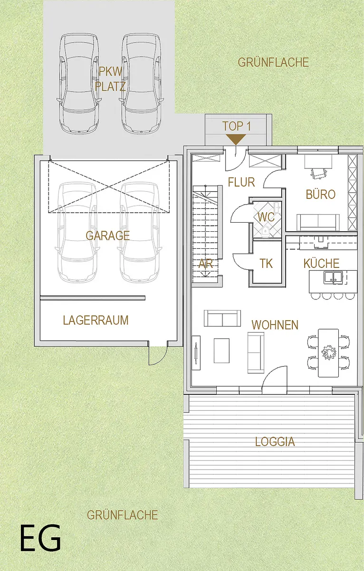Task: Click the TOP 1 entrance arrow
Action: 236,139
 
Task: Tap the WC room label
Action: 266,217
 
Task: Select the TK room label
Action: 266,263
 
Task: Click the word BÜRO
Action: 320,195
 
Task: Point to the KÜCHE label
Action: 322,263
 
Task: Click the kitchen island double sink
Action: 333,277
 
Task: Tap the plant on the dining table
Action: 329,353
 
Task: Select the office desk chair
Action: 318,174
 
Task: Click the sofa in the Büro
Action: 318,222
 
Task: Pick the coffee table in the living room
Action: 221,351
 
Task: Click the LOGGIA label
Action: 275,442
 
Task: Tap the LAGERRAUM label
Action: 96,320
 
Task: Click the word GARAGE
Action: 108,236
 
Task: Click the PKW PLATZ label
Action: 110,79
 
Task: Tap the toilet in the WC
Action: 265,231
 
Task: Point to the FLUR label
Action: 241,182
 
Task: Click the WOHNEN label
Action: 275,325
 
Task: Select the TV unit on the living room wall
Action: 196,353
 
